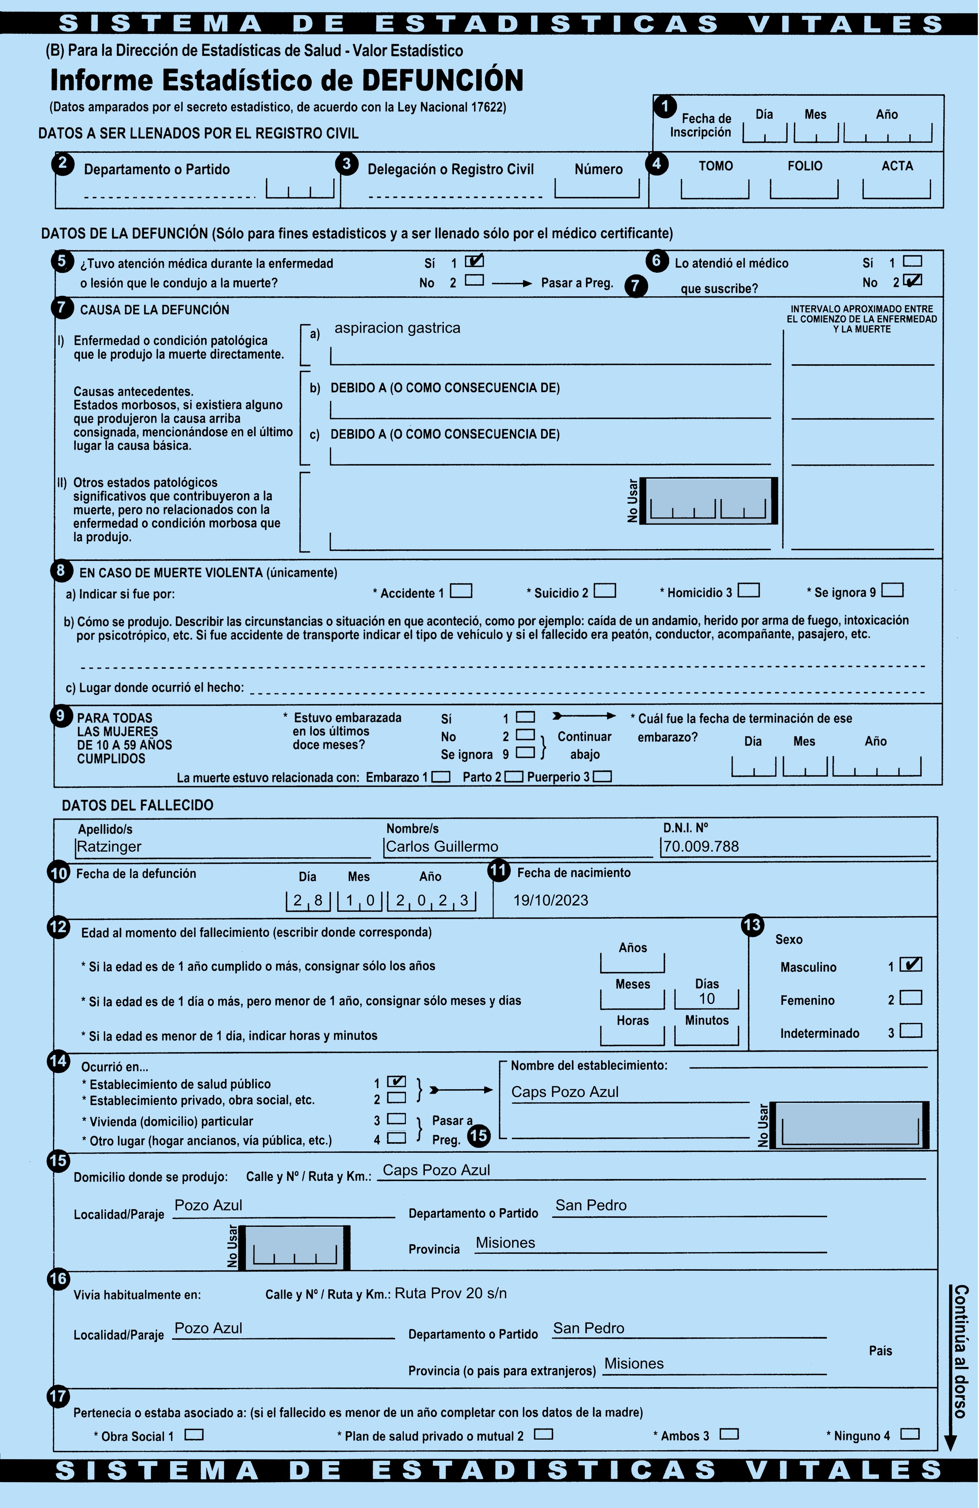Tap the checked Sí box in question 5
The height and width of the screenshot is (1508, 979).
pyautogui.click(x=474, y=260)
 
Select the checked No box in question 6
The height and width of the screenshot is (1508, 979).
pyautogui.click(x=912, y=280)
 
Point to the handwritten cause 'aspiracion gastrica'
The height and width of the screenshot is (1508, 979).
pyautogui.click(x=397, y=327)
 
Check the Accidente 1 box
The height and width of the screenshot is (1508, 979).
pyautogui.click(x=461, y=591)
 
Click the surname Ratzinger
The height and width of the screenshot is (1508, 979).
pyautogui.click(x=109, y=846)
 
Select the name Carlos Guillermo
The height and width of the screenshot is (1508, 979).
pyautogui.click(x=442, y=846)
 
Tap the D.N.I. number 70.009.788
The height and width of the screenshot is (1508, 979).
pyautogui.click(x=701, y=846)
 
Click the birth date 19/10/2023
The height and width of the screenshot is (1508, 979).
pyautogui.click(x=550, y=901)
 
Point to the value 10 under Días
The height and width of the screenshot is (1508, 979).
pyautogui.click(x=707, y=999)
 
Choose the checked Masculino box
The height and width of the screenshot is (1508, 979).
pyautogui.click(x=911, y=964)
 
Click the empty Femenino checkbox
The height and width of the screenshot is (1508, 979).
pyautogui.click(x=911, y=997)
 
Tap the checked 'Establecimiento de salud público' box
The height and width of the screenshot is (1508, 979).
pyautogui.click(x=397, y=1082)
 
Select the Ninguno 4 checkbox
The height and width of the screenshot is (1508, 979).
pyautogui.click(x=910, y=1433)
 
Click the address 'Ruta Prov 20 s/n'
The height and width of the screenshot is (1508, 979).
pyautogui.click(x=451, y=1293)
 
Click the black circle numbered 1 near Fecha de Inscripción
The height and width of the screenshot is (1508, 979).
pyautogui.click(x=665, y=106)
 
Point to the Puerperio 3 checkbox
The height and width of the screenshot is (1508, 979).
pyautogui.click(x=602, y=776)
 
